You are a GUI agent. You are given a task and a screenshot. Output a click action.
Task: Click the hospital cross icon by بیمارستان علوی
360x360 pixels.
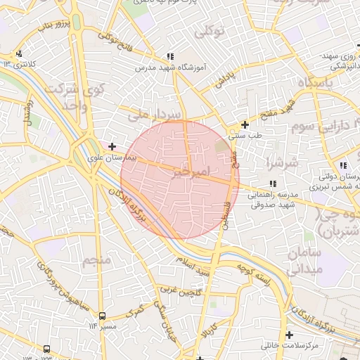111,146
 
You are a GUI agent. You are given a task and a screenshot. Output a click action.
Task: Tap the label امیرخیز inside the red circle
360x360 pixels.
190,171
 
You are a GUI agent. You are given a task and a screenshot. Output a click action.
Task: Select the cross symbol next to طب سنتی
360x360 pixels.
245,124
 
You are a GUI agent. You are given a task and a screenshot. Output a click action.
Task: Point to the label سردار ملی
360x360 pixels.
157,113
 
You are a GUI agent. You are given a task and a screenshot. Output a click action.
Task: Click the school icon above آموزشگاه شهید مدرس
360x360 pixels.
169,56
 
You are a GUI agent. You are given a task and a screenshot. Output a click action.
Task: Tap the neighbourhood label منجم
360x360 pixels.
96,261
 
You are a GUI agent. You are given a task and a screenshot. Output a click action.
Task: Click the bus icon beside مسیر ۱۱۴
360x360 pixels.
102,316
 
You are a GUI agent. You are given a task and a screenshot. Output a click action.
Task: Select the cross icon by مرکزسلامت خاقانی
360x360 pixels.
289,335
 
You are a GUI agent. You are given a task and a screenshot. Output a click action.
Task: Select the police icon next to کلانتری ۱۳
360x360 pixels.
19,53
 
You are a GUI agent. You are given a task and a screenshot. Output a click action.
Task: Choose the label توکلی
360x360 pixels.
210,31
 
